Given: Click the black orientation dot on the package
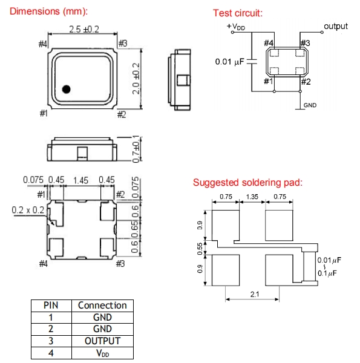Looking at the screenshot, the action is (66, 89).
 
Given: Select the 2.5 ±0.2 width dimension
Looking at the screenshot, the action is (84, 30).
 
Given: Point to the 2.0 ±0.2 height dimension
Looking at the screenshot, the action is (136, 79).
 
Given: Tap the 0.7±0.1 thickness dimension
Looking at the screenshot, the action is (136, 149).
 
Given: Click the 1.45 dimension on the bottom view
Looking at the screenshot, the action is (80, 180).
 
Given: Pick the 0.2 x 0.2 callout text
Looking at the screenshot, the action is (28, 210).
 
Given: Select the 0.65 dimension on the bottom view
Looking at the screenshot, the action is (135, 229).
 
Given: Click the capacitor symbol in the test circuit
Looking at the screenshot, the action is (252, 61).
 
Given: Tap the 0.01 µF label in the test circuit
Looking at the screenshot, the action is (229, 62).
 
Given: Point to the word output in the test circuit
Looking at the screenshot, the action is (336, 26).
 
